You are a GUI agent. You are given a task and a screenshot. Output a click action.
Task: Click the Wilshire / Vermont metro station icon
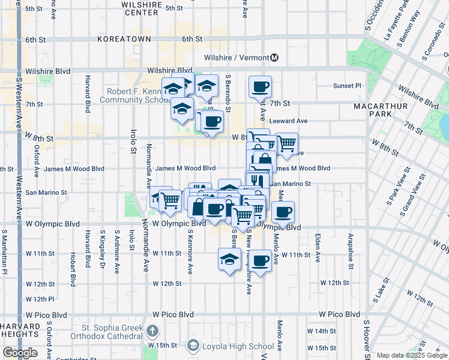(274, 58)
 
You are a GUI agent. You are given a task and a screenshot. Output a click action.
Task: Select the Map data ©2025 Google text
(412, 355)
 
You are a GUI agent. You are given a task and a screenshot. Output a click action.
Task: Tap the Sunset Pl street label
(348, 86)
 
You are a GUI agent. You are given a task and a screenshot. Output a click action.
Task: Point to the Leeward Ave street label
(288, 121)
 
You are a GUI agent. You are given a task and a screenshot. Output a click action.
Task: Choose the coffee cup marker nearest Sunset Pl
(261, 87)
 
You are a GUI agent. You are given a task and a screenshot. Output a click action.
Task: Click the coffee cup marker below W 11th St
(261, 262)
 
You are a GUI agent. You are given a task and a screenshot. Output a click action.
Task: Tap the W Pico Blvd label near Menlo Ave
(339, 314)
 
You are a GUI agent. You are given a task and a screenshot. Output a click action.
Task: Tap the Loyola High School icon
(193, 346)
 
